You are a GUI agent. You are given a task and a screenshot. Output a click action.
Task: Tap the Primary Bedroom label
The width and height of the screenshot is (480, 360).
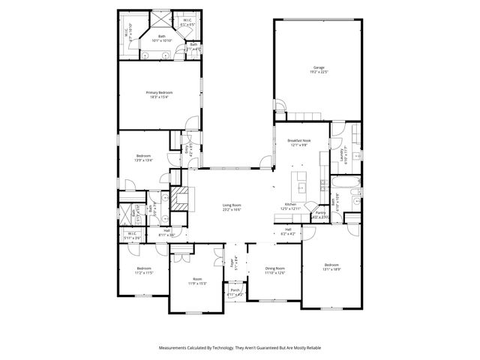(x=159, y=94)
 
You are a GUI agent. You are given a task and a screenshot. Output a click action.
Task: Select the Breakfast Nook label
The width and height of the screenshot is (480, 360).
(x=298, y=142)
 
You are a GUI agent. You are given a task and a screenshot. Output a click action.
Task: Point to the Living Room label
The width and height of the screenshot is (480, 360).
(x=231, y=207)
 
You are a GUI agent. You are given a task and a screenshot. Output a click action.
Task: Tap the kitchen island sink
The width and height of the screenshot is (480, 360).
(x=301, y=186)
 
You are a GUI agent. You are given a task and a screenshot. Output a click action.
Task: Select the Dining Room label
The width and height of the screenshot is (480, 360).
(x=275, y=270)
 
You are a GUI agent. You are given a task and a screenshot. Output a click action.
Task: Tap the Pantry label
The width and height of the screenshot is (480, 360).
(x=320, y=215)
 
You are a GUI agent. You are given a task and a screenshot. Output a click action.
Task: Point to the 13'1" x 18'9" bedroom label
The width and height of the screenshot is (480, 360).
(x=331, y=267)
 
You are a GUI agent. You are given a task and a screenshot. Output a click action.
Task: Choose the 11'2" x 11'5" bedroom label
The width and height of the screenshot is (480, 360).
(x=143, y=270)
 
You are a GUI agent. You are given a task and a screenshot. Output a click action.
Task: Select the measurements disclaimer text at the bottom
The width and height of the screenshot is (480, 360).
(x=240, y=348)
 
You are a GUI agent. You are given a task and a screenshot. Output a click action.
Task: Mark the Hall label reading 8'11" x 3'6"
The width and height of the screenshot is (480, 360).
(x=166, y=232)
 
